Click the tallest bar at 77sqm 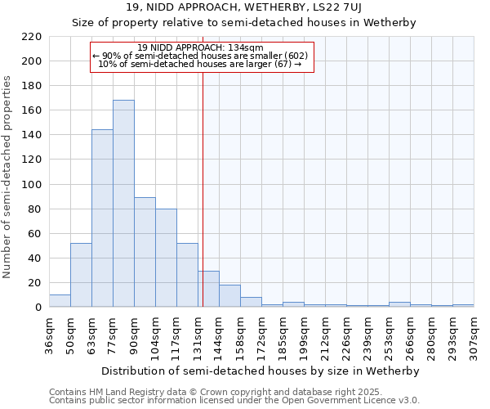click(123, 204)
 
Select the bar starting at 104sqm click(166, 258)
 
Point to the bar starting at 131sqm click(208, 289)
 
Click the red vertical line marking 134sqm click(203, 188)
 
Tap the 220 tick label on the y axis click(32, 37)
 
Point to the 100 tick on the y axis click(32, 185)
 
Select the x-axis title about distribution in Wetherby click(261, 371)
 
